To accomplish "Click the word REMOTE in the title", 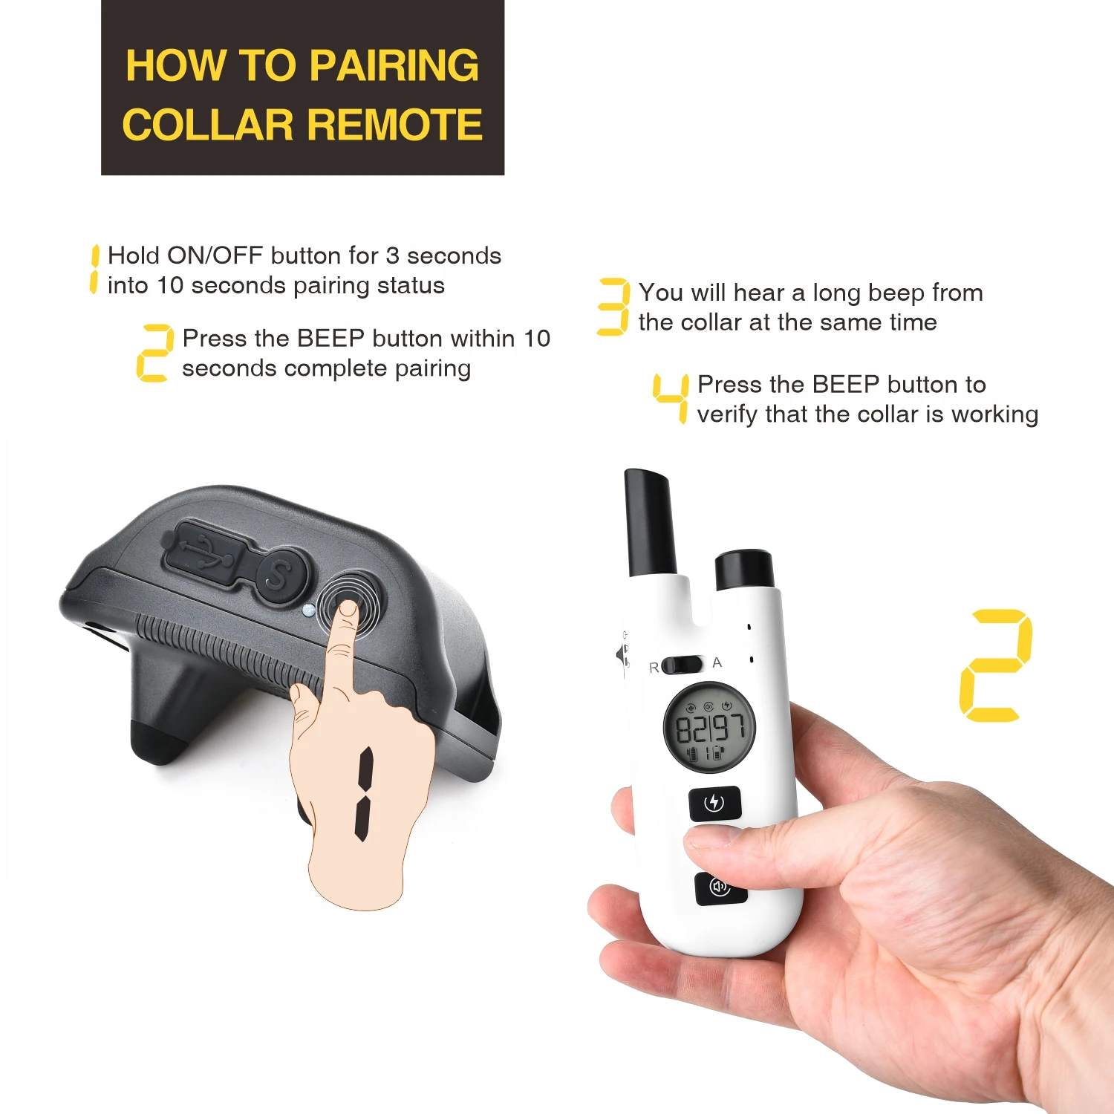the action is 394,124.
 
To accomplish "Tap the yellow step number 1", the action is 94,269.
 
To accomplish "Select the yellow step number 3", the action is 613,307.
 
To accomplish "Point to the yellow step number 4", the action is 671,398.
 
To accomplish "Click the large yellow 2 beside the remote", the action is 995,665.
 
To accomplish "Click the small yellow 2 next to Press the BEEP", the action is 154,354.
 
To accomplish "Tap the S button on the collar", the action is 281,576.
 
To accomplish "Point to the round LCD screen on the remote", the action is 709,727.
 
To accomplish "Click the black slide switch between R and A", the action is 682,665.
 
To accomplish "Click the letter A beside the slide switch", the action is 717,662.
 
